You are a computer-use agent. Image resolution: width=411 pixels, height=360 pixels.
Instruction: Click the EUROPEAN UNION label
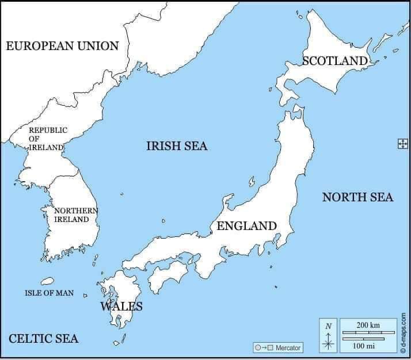(62, 46)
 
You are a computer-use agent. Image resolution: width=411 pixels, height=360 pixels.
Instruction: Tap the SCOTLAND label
(334, 60)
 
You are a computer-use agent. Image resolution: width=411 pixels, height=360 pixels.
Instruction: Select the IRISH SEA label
(177, 146)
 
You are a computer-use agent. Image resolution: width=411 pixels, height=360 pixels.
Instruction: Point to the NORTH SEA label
(357, 197)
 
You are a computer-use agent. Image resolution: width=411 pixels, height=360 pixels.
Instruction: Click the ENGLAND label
(246, 226)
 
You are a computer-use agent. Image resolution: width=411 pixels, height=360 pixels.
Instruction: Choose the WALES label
(121, 306)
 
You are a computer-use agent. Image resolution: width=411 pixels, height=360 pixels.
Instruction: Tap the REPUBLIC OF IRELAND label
(48, 139)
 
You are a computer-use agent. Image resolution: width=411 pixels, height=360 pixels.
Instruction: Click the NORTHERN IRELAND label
(75, 215)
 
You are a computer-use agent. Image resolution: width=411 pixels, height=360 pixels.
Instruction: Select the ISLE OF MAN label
(49, 293)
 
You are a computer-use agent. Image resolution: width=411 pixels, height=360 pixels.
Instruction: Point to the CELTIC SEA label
(43, 338)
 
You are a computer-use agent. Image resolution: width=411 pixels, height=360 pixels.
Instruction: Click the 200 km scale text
(368, 325)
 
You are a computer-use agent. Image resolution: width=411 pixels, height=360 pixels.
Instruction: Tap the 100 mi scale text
(364, 345)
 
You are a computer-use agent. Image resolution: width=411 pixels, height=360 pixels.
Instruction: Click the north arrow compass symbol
(329, 339)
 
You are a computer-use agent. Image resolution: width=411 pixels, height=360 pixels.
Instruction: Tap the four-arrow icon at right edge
(402, 144)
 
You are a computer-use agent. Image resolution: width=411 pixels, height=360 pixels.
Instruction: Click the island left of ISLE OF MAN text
(47, 281)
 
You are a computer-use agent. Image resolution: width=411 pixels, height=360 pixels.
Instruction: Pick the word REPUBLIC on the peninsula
(48, 130)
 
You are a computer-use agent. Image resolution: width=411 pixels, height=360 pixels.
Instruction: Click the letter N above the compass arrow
(329, 326)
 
